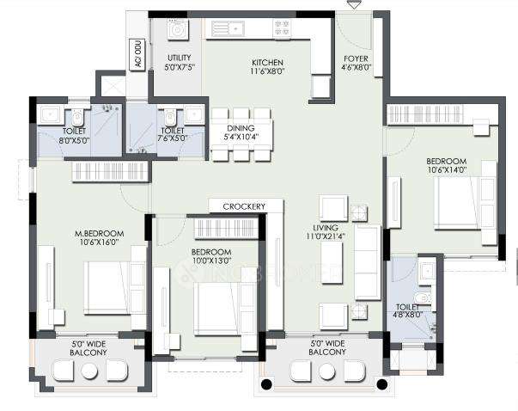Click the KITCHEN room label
point(262,63)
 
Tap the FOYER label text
point(356,59)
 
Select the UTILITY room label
point(180,58)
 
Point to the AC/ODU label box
point(136,53)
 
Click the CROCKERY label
point(244,206)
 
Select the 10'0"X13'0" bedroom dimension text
point(214,261)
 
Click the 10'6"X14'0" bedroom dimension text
point(446,170)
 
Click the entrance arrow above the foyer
point(353,6)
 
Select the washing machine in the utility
point(178,30)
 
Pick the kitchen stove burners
point(281,28)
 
